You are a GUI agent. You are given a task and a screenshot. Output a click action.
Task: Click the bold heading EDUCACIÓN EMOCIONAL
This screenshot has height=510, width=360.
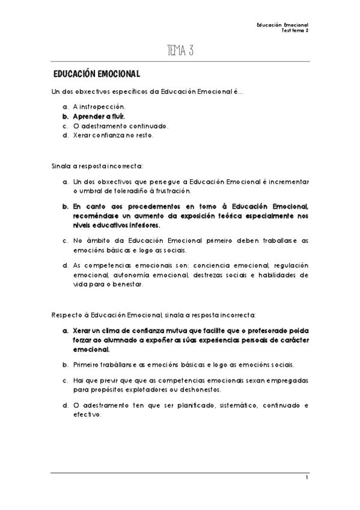96,75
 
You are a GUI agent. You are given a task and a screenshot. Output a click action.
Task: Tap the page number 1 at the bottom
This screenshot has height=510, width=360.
307,478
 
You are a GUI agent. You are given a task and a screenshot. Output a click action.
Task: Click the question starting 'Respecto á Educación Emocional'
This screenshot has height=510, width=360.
154,314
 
